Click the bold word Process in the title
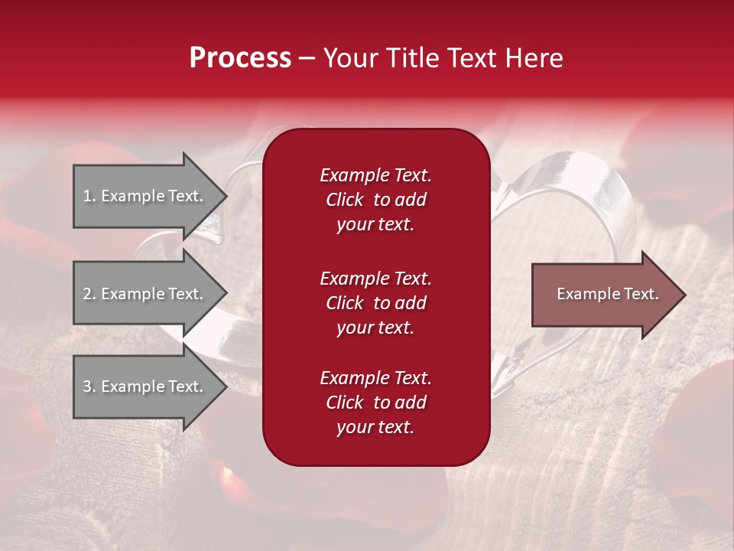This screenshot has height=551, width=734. pyautogui.click(x=240, y=58)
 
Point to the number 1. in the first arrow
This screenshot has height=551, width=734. pyautogui.click(x=89, y=196)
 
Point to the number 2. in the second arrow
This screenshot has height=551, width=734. pyautogui.click(x=89, y=294)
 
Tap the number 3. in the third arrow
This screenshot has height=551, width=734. pyautogui.click(x=89, y=386)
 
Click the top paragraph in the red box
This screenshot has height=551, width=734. pyautogui.click(x=375, y=200)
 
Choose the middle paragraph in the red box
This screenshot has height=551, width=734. pyautogui.click(x=375, y=302)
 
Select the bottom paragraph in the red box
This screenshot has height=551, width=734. pyautogui.click(x=375, y=403)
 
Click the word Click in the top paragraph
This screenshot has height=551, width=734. pyautogui.click(x=344, y=200)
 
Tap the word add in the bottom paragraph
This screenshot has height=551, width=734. pyautogui.click(x=411, y=403)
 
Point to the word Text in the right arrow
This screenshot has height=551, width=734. pyautogui.click(x=642, y=294)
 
